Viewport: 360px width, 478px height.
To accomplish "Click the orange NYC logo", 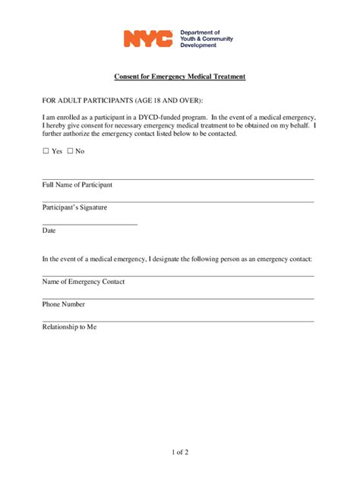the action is [x=148, y=39].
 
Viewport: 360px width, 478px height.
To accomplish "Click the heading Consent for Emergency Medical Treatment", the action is [x=180, y=77].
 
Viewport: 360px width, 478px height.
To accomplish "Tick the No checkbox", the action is [x=71, y=151].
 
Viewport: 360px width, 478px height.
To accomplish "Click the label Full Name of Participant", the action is [x=77, y=185].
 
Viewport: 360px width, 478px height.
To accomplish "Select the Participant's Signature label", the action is [x=74, y=207].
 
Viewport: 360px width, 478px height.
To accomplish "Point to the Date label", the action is [x=49, y=230].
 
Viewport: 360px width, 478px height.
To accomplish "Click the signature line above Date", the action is [x=90, y=224].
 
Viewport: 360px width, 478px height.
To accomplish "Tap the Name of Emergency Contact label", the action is [x=84, y=281].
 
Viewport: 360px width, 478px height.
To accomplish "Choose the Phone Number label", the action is [x=64, y=304].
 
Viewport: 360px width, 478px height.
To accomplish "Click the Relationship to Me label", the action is [x=70, y=327].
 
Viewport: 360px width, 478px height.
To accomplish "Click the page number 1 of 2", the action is [x=180, y=453].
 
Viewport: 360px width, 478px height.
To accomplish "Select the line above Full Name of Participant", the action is [x=178, y=179].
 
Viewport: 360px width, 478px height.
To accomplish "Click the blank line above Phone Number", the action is [x=178, y=298].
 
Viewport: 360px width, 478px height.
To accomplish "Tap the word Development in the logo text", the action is [x=197, y=46].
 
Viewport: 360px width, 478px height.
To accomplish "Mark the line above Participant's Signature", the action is [x=178, y=202].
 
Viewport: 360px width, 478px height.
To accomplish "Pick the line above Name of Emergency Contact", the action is [x=178, y=275].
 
